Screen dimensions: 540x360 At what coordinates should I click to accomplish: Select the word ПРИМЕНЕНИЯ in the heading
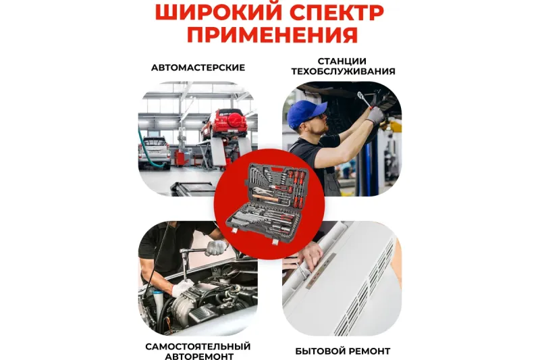(x=273, y=34)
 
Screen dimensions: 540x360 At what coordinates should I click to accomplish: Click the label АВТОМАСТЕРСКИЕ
(x=198, y=68)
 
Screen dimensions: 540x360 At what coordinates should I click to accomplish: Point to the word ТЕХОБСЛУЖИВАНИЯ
(x=343, y=72)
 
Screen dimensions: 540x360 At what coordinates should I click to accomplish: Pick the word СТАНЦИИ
(x=342, y=61)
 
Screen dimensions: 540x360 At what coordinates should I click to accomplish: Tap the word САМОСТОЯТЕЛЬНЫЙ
(x=198, y=346)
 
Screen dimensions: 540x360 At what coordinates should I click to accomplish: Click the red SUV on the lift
(x=225, y=124)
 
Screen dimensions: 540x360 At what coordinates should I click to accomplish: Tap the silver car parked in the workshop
(x=154, y=152)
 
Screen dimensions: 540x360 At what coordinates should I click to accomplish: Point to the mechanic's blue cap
(x=305, y=112)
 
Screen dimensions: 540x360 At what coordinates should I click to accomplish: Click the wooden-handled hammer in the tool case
(x=266, y=198)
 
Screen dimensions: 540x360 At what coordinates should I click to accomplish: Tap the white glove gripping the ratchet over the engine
(x=216, y=247)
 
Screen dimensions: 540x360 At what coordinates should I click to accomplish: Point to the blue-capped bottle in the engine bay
(x=158, y=300)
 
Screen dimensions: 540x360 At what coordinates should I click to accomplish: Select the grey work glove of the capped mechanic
(x=375, y=115)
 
